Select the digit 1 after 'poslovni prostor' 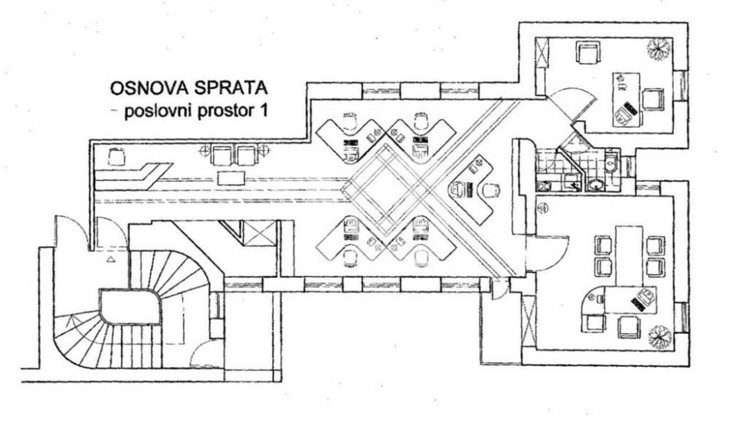[264, 111]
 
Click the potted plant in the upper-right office [660, 48]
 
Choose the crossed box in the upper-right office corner [542, 52]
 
